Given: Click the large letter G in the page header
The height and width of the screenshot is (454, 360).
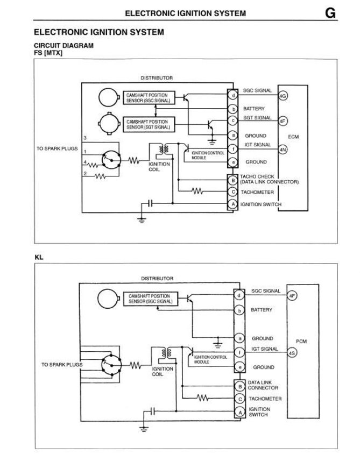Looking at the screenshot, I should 330,13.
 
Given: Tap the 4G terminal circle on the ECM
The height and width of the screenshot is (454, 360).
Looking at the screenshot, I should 283,96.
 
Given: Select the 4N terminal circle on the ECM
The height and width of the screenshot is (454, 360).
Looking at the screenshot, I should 283,149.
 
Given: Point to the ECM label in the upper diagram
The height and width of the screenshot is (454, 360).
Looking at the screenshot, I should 293,137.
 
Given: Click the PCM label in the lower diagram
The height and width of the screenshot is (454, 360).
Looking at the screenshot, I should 302,341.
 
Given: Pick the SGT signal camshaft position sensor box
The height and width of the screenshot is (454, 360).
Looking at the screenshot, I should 147,124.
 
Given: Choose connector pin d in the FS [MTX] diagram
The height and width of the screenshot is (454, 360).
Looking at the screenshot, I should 233,96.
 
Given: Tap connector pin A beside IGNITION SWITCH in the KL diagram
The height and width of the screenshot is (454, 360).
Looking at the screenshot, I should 239,412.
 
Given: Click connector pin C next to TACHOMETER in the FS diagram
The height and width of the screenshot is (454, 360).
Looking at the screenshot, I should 233,192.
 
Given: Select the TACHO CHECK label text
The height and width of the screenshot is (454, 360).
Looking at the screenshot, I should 257,176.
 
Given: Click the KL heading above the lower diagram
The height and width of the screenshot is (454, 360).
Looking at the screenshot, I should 39,257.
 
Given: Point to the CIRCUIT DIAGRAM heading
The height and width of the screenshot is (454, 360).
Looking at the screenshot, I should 63,46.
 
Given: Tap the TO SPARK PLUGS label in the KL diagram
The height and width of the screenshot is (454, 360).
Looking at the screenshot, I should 62,365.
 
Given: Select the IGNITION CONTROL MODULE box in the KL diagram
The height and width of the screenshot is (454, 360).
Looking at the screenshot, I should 210,359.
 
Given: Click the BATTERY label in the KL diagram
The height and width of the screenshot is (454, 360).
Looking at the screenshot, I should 261,310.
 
